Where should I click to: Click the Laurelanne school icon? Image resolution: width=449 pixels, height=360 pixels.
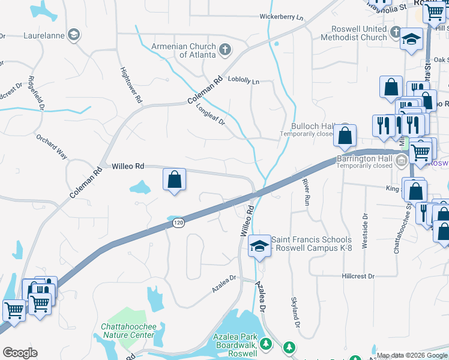74,35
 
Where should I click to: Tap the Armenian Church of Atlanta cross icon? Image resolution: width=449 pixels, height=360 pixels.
225,49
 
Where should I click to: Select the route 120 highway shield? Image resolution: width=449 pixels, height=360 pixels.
178,223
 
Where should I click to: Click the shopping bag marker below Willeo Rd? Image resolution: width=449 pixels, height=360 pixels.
174,179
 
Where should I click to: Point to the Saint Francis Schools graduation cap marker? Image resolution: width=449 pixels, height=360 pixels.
259,247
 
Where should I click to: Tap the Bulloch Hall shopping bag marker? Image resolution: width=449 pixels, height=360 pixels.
345,136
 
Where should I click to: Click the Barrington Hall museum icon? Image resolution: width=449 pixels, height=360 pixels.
402,160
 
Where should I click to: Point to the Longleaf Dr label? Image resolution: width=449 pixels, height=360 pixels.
210,114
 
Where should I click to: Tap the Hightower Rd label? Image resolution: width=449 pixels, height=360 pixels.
130,84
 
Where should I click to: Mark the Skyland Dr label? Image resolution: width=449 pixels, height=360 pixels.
295,312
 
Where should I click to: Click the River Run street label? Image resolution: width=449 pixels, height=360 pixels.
306,190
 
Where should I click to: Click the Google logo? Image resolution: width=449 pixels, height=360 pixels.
20,353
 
